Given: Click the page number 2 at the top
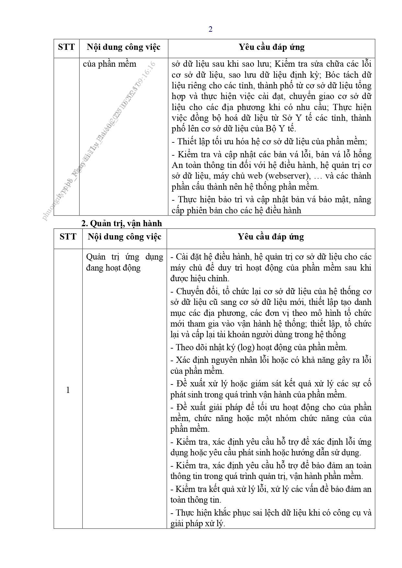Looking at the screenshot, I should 211,29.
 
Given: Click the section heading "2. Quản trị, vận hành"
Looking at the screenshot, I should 121,223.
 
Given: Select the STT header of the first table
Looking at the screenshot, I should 66,47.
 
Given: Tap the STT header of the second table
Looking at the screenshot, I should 68,237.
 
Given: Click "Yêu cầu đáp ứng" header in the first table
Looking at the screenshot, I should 271,47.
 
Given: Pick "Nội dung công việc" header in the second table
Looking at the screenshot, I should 124,237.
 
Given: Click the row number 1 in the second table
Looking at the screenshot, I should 68,390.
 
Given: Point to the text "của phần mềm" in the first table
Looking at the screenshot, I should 109,64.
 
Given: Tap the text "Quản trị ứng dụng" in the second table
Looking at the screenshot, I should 124,257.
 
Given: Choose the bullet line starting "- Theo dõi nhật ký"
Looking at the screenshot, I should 259,347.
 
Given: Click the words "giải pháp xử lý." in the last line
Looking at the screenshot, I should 198,523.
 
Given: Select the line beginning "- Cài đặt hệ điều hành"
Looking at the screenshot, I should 271,257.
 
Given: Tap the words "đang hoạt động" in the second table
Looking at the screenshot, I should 113,268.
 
